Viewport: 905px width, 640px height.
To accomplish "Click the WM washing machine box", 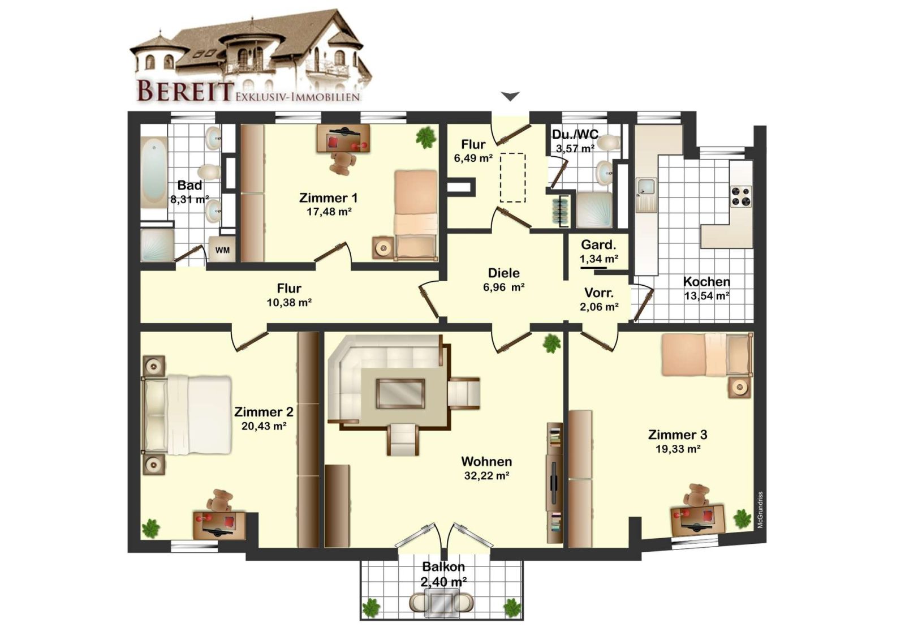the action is point(222,250).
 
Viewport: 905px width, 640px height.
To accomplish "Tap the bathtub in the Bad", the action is point(154,173).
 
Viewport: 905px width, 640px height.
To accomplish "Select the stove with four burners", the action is point(741,196).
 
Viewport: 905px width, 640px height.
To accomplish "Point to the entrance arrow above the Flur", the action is point(511,96).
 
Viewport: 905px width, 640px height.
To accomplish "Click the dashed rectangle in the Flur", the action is point(512,178).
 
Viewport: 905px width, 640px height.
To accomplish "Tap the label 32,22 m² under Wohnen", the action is point(486,476).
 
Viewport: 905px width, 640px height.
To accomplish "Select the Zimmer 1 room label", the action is point(328,198).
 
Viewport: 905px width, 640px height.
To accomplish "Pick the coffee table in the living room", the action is point(400,393).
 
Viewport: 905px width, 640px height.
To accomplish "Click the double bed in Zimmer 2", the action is point(187,415).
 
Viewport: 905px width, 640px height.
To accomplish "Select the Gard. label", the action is point(598,244).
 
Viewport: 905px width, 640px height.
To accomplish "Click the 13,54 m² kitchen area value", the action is point(706,296).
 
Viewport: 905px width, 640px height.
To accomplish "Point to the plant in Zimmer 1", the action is point(426,137).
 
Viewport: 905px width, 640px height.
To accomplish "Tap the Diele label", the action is point(504,273).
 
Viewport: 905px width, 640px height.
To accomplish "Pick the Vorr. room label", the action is point(599,293).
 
